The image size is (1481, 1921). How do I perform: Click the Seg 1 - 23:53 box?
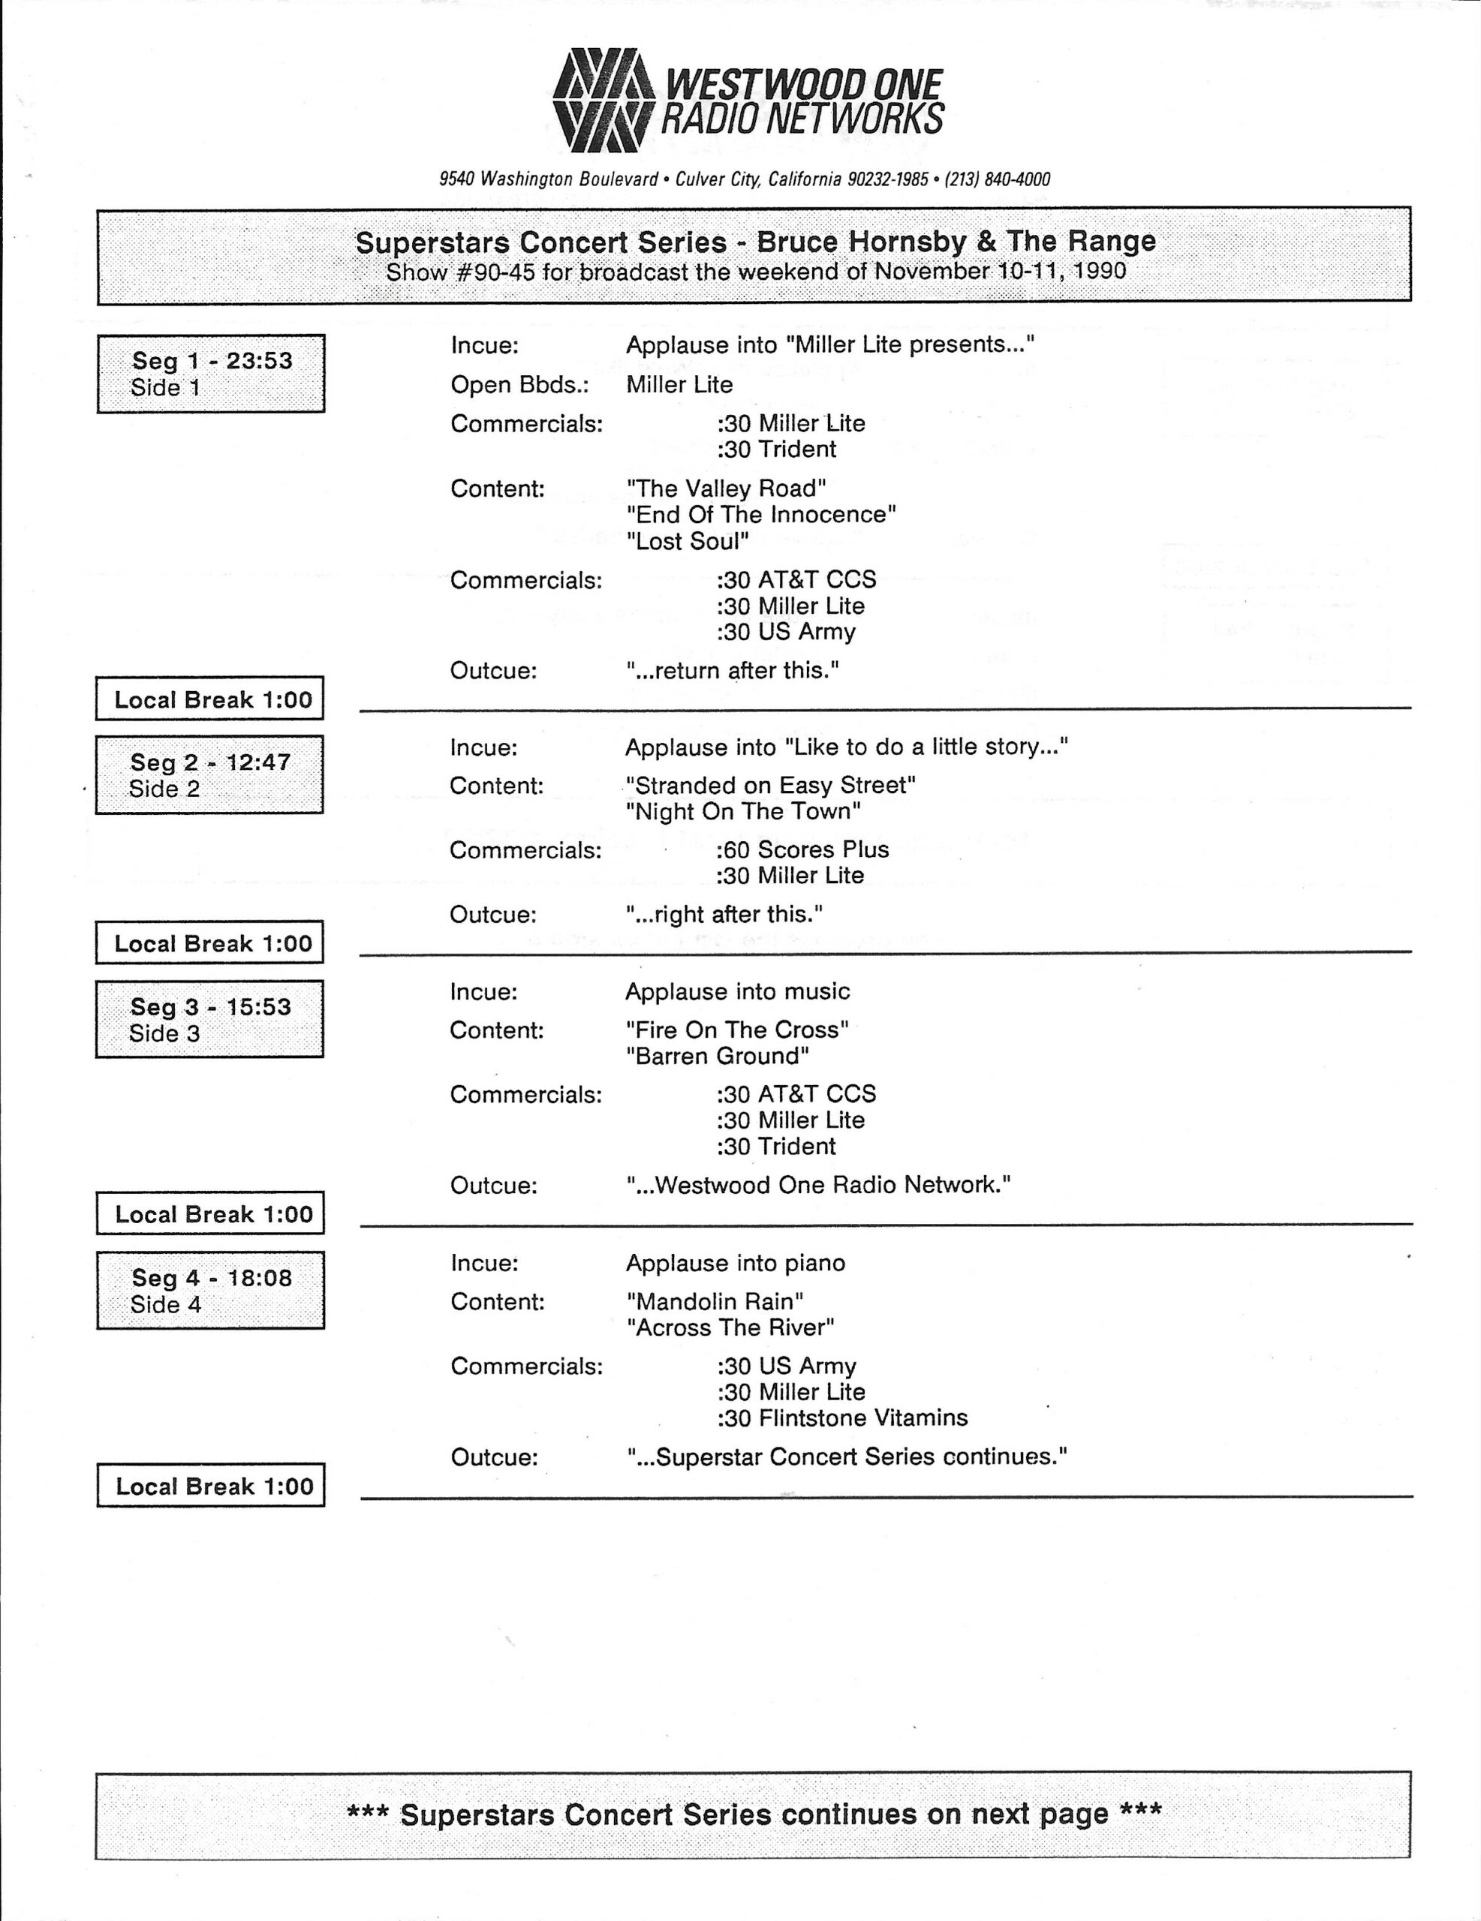(211, 374)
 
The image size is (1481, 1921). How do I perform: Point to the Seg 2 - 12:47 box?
(209, 775)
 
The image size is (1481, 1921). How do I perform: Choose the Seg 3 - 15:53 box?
(209, 1020)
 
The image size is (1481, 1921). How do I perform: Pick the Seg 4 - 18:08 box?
(210, 1291)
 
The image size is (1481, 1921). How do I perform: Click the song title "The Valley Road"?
(726, 489)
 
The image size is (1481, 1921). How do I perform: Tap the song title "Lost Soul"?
(688, 541)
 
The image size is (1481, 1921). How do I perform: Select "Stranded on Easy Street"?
(770, 786)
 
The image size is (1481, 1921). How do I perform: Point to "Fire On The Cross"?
(737, 1030)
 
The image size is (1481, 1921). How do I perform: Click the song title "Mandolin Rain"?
(715, 1301)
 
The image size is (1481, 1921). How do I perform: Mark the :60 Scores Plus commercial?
(802, 849)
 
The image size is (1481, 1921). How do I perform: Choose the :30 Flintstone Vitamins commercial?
(841, 1418)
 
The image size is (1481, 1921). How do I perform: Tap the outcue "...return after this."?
(732, 671)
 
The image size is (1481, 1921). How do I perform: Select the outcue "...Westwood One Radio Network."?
(818, 1186)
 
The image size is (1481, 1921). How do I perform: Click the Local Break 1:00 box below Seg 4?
(211, 1487)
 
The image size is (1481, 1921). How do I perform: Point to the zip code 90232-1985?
(887, 180)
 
